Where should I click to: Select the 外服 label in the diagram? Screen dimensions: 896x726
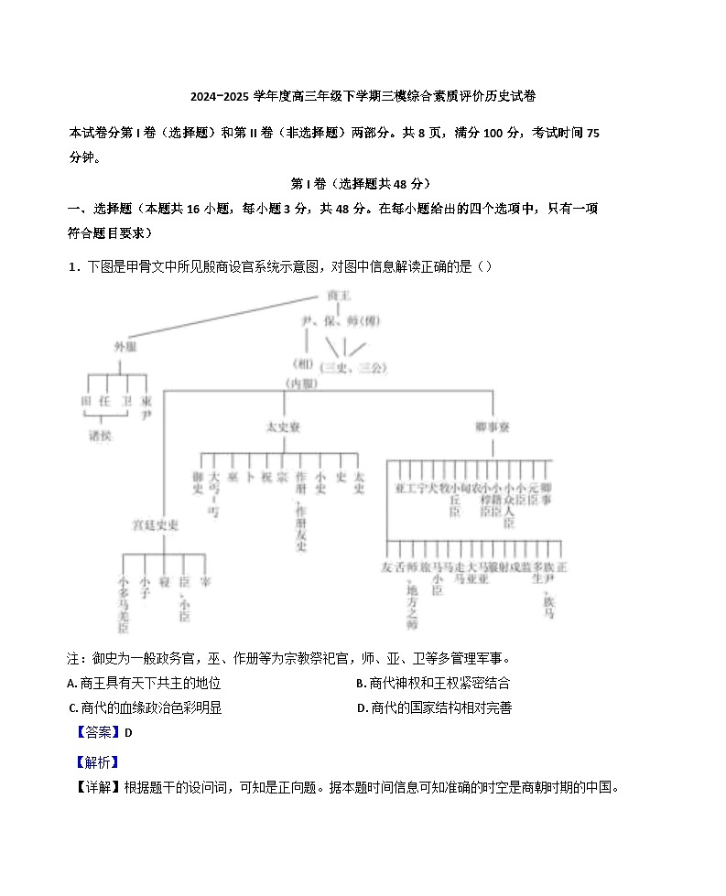[x=125, y=348]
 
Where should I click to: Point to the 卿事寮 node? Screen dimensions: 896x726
[x=493, y=426]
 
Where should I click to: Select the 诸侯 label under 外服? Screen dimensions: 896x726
[x=100, y=436]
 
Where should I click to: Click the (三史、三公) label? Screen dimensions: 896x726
[x=354, y=368]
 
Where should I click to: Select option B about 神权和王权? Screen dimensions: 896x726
[x=433, y=683]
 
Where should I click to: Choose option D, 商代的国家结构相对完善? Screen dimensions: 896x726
[x=434, y=707]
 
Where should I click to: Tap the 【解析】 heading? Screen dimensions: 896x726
[x=95, y=761]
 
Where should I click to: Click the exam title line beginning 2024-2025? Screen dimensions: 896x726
[x=363, y=96]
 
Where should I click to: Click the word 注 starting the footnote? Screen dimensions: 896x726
[x=73, y=659]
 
